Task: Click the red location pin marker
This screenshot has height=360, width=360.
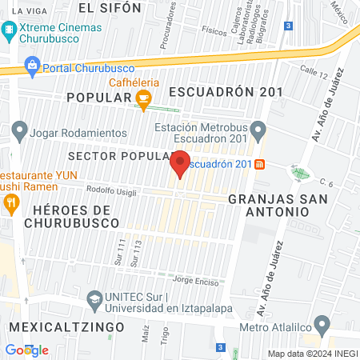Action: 180,164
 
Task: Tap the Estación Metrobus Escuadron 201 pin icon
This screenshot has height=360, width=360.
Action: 258,128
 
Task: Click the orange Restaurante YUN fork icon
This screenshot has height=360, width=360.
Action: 10,204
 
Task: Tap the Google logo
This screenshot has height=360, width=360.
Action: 26,350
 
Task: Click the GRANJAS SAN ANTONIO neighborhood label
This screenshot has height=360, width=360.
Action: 268,204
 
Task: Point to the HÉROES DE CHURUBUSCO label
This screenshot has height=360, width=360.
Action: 64,215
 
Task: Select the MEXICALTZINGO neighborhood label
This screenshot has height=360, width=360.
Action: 66,328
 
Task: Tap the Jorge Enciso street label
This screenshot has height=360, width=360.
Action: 195,280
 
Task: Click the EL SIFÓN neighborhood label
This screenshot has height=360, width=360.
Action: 110,8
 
